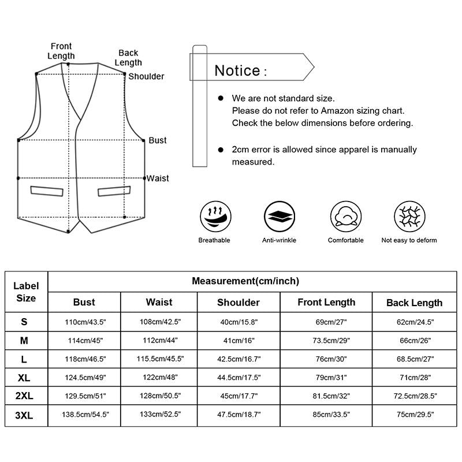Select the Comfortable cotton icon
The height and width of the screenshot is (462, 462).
click(345, 217)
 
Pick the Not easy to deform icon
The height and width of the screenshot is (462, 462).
click(409, 217)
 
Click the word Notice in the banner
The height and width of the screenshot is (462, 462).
click(237, 71)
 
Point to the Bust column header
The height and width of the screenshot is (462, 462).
click(84, 302)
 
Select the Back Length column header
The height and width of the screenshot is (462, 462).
click(414, 303)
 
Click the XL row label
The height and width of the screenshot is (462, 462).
click(24, 378)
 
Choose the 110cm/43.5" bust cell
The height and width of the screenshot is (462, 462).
click(84, 322)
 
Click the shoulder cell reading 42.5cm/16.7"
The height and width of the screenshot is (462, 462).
click(239, 359)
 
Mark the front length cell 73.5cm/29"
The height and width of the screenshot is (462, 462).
click(326, 341)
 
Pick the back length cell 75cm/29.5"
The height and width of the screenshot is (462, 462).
click(414, 415)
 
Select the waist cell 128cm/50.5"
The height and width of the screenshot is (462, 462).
click(159, 397)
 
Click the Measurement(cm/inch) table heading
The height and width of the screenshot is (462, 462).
click(245, 281)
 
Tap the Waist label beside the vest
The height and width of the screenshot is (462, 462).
click(158, 178)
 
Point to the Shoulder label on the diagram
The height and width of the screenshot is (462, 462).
click(146, 76)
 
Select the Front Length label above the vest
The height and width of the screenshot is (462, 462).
click(62, 51)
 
